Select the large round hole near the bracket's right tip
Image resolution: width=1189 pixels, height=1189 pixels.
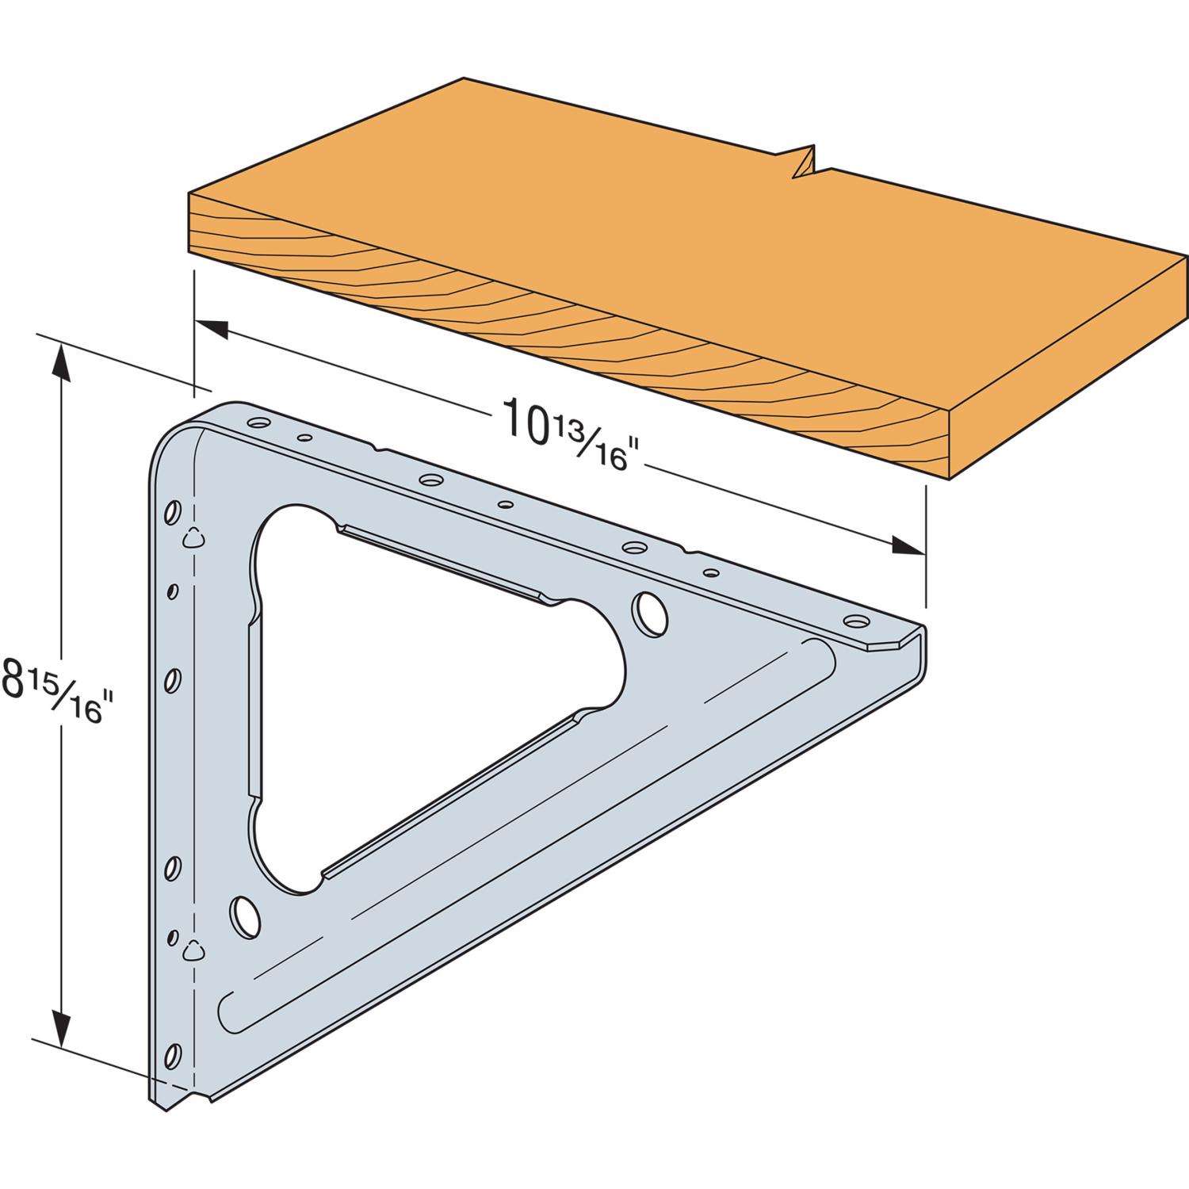(x=648, y=614)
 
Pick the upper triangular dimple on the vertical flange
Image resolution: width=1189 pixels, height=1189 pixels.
(x=193, y=540)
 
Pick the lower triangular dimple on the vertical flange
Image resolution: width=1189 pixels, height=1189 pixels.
(x=193, y=950)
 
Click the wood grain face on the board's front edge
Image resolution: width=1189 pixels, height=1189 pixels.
(x=555, y=333)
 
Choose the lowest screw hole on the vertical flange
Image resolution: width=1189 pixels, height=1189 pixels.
(x=170, y=1055)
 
